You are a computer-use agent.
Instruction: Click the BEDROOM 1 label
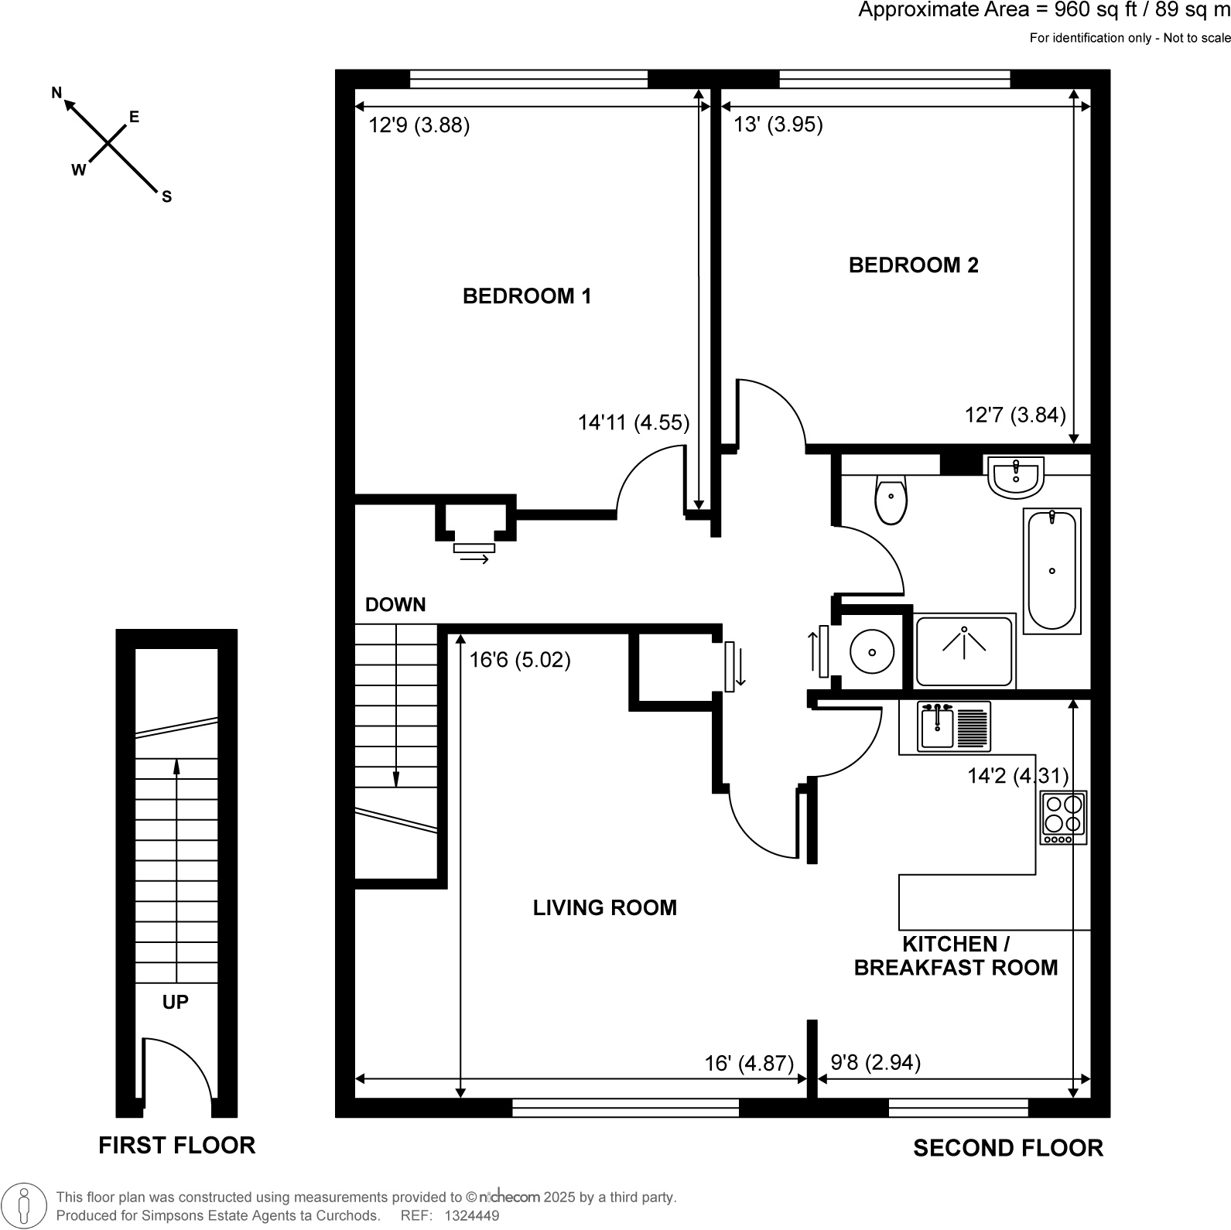coord(526,296)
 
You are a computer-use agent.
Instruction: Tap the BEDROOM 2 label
coord(913,265)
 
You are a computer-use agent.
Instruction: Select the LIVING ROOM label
coord(604,907)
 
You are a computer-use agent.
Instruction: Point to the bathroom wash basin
coord(1015,477)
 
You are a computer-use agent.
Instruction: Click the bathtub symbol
coord(1051,570)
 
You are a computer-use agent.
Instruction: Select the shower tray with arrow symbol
coord(964,651)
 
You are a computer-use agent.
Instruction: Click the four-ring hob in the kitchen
coord(1063,817)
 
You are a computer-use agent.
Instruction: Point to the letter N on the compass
coord(56,94)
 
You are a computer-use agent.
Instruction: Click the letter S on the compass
coord(166,197)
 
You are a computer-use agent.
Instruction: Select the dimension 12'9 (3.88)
coord(419,125)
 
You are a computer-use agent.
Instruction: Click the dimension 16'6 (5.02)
coord(520,660)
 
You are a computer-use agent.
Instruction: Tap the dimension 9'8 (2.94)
coord(875,1063)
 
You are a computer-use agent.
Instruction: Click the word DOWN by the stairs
coord(395,605)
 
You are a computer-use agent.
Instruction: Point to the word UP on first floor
coord(176,1003)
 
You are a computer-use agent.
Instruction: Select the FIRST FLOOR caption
coord(176,1145)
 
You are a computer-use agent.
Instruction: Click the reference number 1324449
coord(471,1216)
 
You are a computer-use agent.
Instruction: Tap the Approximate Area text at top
coord(1044,11)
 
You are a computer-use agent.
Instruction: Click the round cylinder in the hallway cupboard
coord(872,651)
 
